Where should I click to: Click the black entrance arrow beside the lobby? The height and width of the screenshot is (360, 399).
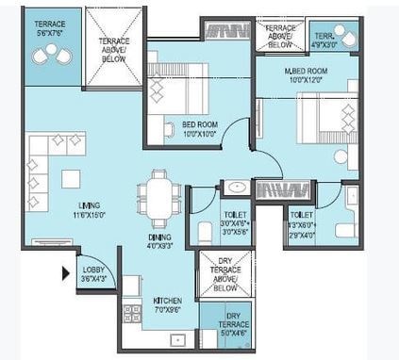pos(65,274)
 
